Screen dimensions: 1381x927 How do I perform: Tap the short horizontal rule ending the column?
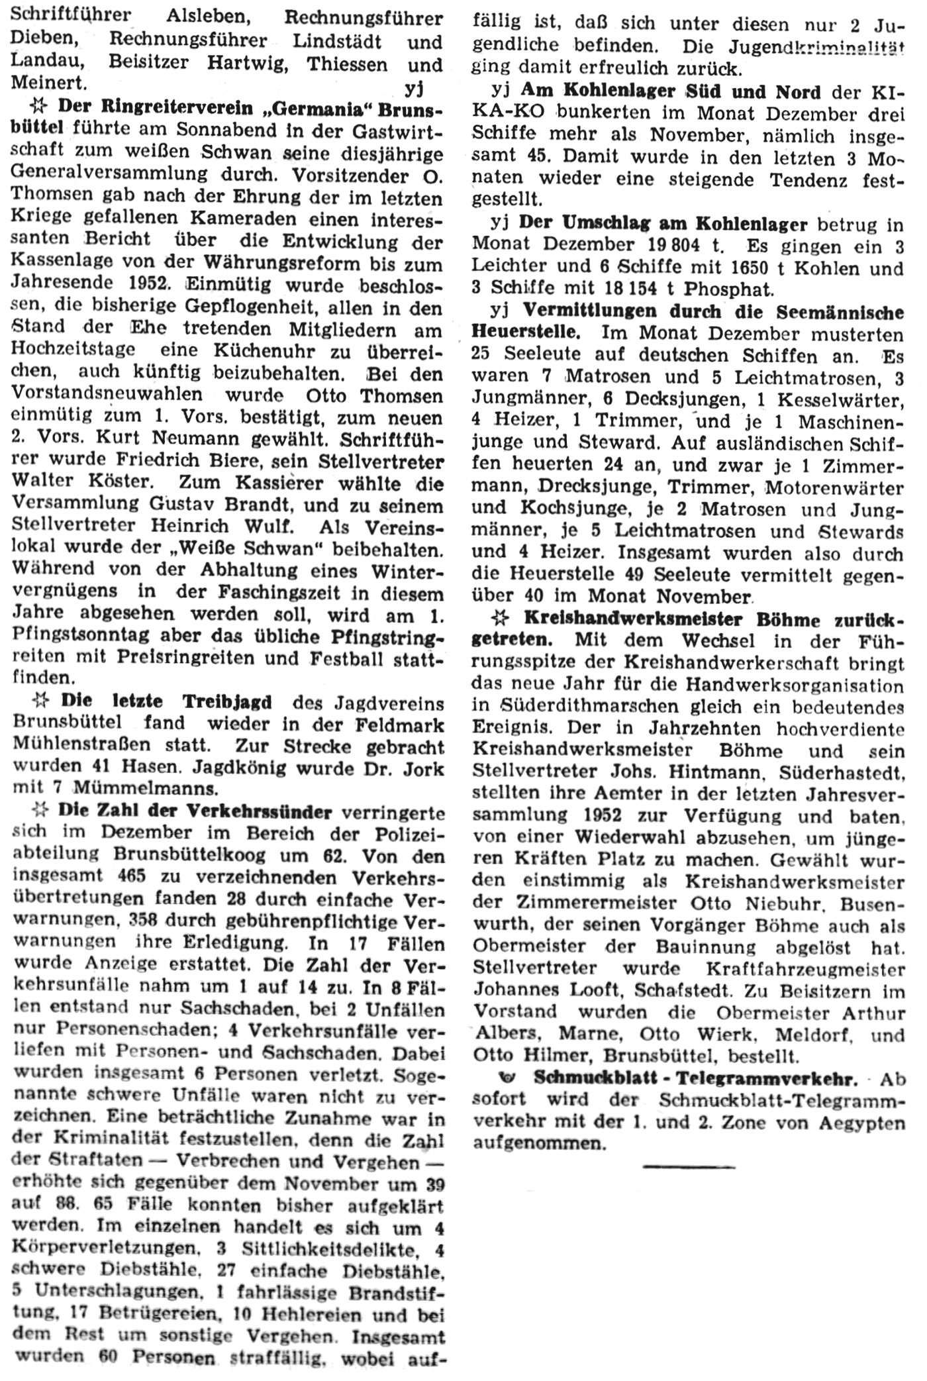(x=689, y=1166)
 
